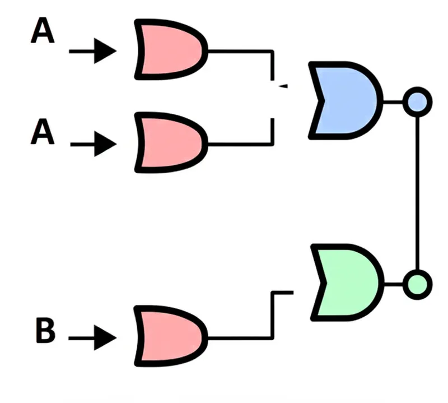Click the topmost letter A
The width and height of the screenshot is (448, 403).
(x=43, y=32)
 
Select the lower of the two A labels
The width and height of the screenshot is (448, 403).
(x=43, y=133)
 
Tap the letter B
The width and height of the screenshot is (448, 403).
(x=45, y=331)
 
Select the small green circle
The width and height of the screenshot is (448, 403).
(x=418, y=284)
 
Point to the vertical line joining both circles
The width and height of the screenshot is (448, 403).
(x=418, y=191)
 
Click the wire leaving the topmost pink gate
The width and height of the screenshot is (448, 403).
(x=241, y=51)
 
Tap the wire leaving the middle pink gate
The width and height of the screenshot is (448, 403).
(x=241, y=144)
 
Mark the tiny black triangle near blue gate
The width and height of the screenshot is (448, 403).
(x=283, y=86)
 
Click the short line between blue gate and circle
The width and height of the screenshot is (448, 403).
(x=394, y=102)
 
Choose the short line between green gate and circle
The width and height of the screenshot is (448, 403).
(x=394, y=284)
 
